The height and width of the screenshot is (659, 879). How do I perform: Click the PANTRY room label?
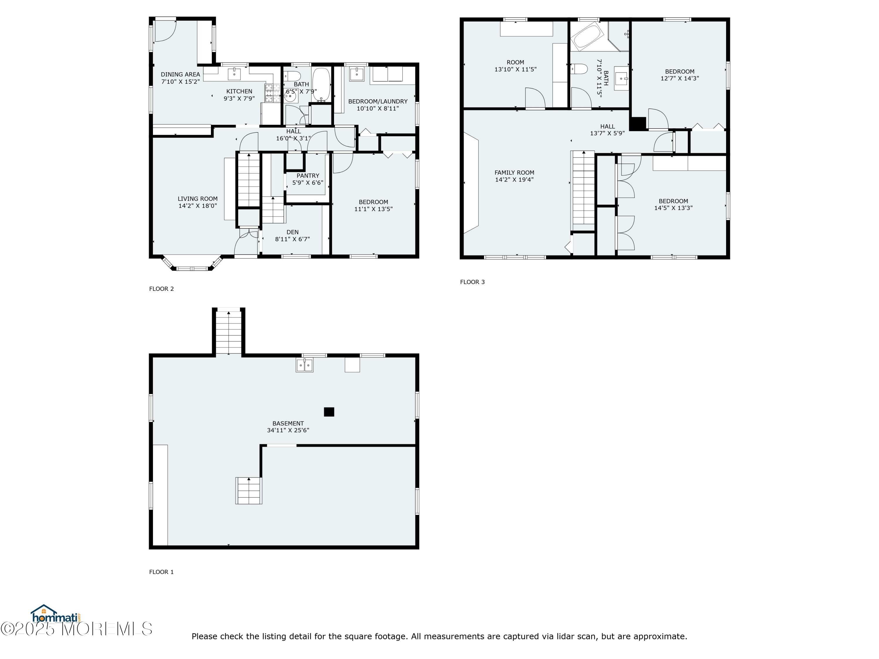[308, 175]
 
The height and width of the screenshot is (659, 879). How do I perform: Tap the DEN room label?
[292, 232]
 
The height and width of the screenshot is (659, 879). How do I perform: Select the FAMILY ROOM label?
[514, 173]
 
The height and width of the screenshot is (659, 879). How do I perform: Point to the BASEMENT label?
[288, 424]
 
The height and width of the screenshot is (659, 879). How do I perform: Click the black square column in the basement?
[329, 412]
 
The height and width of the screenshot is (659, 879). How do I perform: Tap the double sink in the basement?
[304, 365]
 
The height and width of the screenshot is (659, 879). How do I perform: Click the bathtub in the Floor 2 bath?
[321, 85]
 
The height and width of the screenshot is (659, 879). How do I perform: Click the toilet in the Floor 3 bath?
[579, 69]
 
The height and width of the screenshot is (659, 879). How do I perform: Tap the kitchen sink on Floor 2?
[234, 74]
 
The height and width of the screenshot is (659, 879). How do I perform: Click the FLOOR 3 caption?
[473, 282]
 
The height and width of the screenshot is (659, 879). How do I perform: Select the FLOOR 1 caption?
[161, 572]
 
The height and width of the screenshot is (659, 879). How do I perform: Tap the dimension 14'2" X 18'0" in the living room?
[197, 206]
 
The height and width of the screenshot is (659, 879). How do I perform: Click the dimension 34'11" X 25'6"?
[288, 430]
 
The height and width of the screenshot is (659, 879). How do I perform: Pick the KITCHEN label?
[239, 91]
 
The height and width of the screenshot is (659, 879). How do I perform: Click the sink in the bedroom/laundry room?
[357, 74]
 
